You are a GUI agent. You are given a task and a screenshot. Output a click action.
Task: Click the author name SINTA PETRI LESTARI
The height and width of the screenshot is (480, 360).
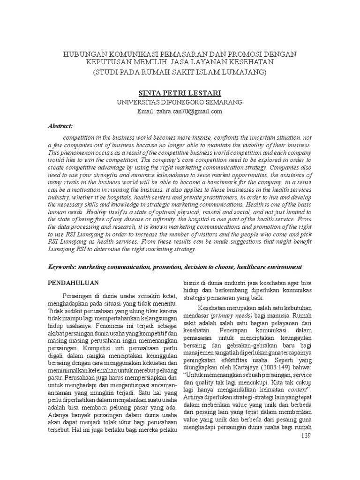pos(180,94)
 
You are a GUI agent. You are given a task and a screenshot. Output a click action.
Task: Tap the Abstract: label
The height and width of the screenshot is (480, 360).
pos(61,127)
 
